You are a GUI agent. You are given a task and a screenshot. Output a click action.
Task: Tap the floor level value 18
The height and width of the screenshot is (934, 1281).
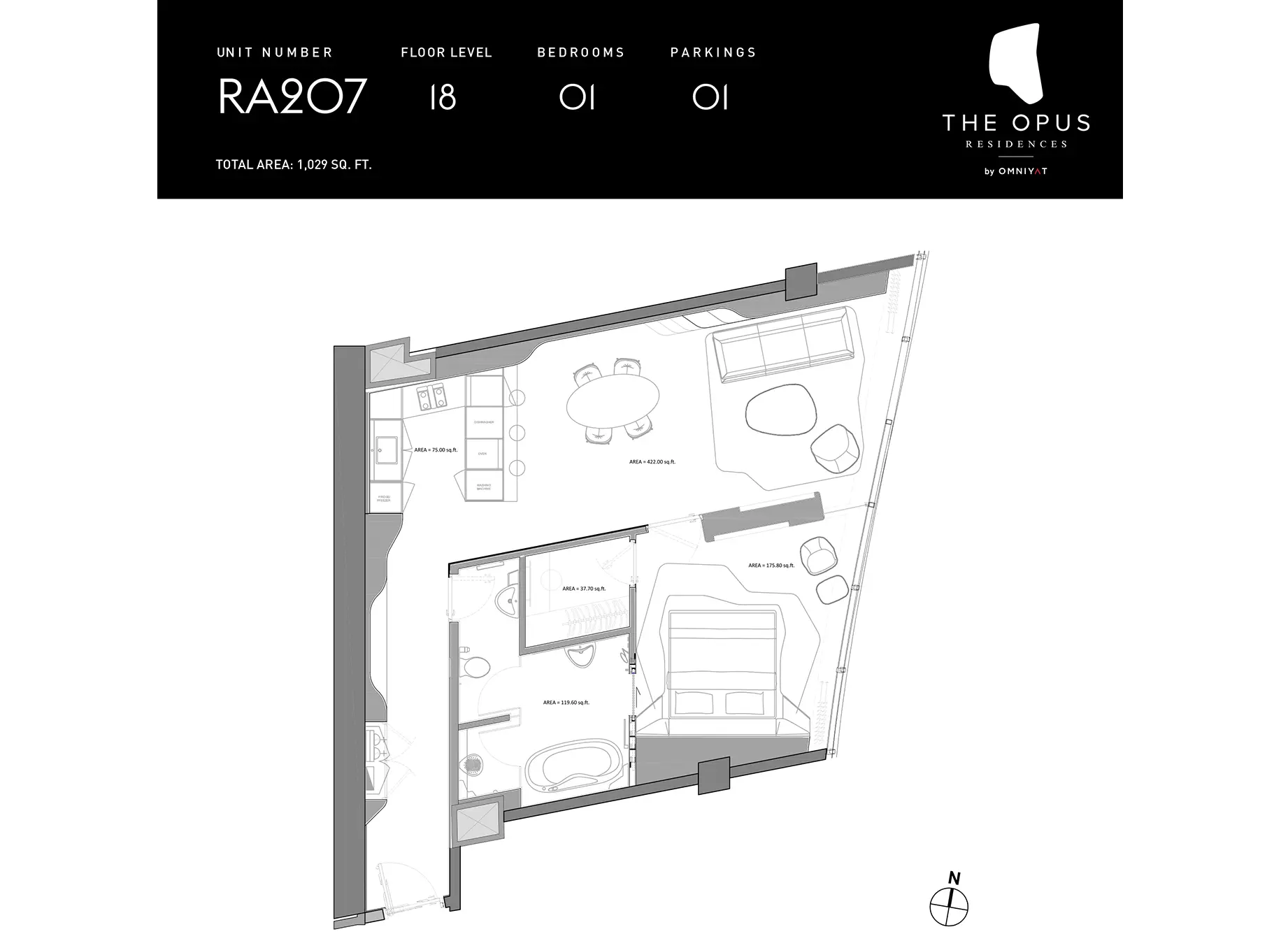(x=443, y=97)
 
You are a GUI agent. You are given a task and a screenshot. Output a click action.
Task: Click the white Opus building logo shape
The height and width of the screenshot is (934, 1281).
(x=1016, y=64)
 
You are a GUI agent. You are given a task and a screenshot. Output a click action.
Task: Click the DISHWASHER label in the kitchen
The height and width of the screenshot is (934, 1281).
(x=484, y=422)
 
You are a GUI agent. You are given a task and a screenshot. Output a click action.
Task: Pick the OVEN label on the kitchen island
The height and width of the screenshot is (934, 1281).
(x=482, y=454)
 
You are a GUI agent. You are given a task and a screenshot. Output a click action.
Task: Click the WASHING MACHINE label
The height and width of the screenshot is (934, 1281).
(x=484, y=487)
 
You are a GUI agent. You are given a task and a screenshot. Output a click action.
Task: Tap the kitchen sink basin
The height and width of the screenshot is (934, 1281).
(x=385, y=450)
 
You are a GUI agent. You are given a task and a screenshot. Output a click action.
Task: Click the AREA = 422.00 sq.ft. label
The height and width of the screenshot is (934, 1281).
(x=652, y=462)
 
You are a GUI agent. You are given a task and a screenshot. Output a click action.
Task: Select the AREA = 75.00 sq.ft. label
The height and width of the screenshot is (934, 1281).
(x=436, y=450)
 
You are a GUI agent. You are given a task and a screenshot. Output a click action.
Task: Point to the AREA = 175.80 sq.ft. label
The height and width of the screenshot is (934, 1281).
(x=771, y=566)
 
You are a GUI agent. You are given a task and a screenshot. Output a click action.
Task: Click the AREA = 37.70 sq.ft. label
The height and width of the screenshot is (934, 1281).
(x=584, y=589)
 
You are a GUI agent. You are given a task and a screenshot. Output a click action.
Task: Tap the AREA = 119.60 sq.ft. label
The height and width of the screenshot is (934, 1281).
(x=566, y=703)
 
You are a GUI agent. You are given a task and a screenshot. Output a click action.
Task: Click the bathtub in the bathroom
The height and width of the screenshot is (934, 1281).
(x=574, y=770)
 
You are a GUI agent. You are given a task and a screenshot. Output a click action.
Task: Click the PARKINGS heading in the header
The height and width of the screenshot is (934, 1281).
(x=713, y=52)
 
